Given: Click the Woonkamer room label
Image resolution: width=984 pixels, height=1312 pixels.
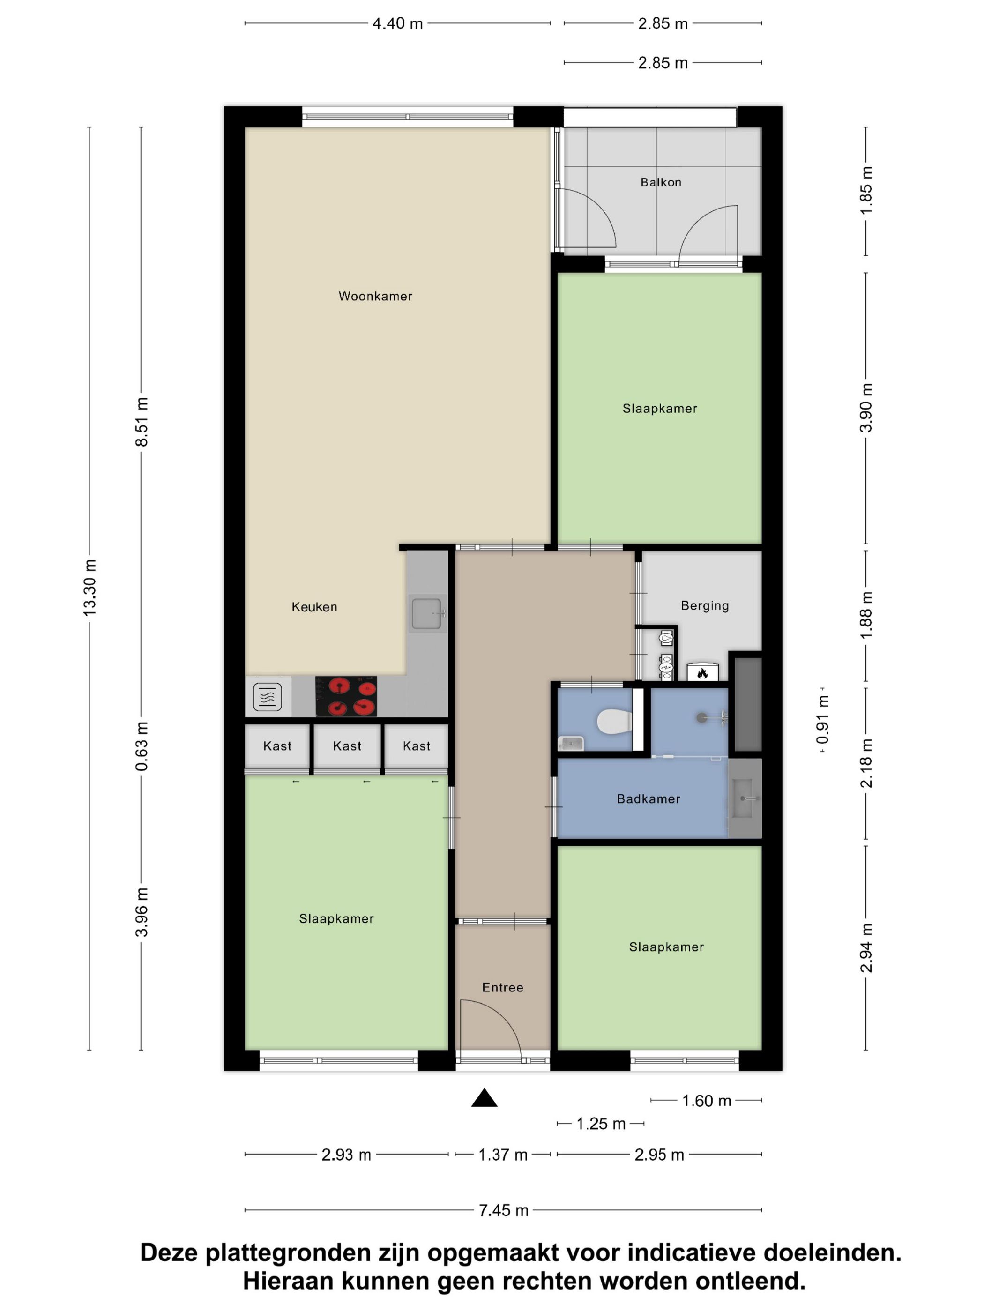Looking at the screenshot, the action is pos(375,296).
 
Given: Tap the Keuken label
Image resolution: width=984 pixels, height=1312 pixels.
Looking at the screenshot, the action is pos(314,607).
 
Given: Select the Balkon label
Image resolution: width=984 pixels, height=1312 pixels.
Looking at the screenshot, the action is pos(661,182).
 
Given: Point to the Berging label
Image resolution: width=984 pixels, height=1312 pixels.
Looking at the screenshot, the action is pos(705,605).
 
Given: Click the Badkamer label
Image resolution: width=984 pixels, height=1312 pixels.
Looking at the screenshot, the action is pos(649,799).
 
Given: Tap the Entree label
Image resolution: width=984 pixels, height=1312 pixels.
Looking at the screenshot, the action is pos(502,988).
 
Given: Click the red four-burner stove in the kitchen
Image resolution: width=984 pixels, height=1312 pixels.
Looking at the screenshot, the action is pos(346,696).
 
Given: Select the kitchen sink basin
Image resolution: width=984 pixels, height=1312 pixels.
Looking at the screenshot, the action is pos(426,613).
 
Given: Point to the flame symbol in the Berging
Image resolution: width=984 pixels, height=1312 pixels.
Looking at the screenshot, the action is pos(702,673).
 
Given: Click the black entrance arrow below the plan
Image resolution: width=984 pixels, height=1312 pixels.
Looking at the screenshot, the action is pos(484,1098).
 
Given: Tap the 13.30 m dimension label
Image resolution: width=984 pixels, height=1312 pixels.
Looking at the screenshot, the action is pos(89,587).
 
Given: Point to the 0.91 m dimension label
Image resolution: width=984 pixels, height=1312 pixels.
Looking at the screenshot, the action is pos(823,720).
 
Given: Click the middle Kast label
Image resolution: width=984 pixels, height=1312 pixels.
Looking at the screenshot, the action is pos(347,746).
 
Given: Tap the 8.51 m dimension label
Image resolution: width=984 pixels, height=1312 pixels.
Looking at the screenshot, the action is pos(142,422).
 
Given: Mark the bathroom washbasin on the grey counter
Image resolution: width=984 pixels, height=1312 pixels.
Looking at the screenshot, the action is pos(745,798).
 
